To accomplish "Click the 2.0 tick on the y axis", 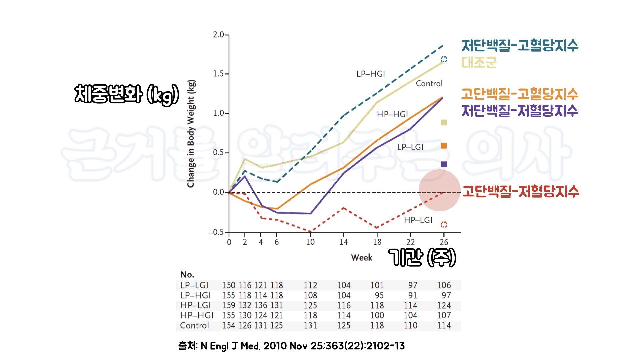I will pos(219,35).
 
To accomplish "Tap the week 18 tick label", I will pos(377,242).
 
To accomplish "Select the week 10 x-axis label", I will pos(310,242).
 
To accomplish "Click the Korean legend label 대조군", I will pos(479,62).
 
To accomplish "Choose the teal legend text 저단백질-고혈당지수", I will pos(520,45).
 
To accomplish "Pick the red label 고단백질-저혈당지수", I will pos(520,191).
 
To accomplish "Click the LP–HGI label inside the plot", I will pos(371,74).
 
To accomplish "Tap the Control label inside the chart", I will pos(429,83).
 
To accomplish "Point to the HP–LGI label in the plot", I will pos(418,220).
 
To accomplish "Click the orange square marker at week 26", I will pos(444,146).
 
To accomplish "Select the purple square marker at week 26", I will pos(444,164).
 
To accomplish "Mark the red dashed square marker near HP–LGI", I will pos(444,225).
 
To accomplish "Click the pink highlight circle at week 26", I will pos(439,190).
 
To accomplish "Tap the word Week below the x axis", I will pos(362,258).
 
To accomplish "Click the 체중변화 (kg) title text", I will pos(127,94).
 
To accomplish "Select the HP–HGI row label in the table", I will pos(197,315).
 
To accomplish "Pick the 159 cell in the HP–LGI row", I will pos(229,305).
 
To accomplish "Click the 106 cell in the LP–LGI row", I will pos(444,285).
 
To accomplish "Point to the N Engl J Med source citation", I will pos(291,346).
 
